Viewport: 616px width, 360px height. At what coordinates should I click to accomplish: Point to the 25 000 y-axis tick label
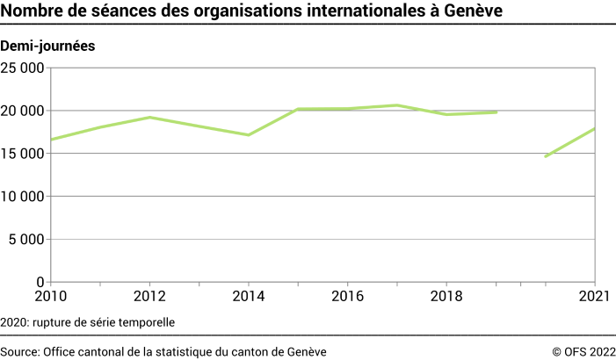[23, 68]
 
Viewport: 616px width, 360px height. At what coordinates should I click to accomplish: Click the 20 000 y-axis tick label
[23, 111]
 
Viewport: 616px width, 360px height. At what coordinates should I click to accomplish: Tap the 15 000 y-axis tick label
[23, 154]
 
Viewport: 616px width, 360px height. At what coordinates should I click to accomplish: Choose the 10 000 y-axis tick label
[23, 197]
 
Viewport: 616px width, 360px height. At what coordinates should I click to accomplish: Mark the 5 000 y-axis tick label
[27, 239]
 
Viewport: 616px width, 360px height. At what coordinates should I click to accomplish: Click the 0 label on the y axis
[40, 282]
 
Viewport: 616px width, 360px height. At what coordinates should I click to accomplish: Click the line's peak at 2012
[149, 117]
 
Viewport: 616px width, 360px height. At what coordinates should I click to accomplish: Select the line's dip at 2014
[249, 134]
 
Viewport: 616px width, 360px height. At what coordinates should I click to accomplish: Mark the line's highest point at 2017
[397, 105]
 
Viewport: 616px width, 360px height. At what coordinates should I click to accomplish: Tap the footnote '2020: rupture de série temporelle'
[88, 322]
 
